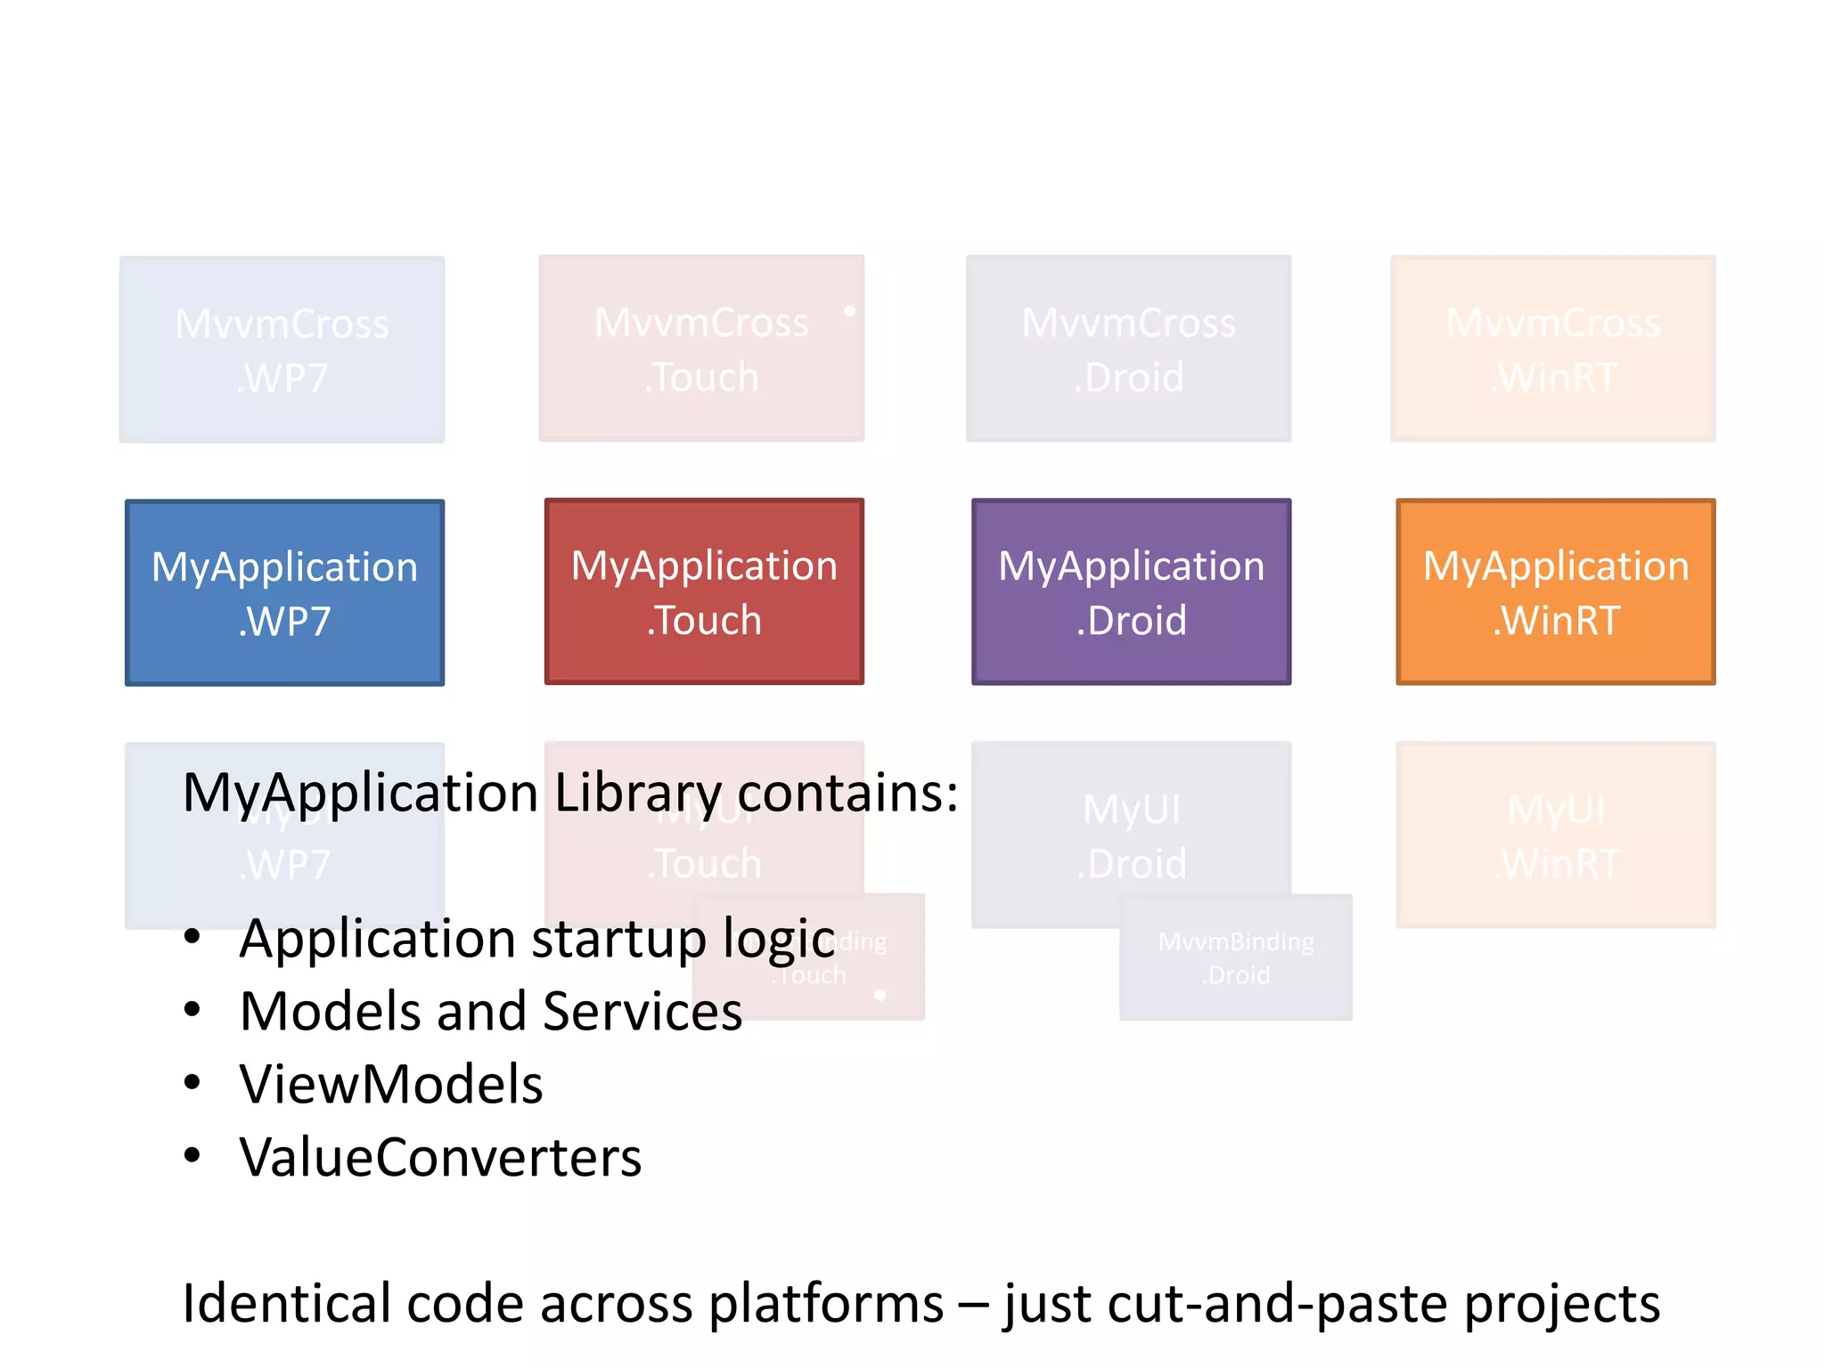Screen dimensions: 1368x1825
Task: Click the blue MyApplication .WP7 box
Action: point(284,592)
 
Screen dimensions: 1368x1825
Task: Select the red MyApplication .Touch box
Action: point(704,591)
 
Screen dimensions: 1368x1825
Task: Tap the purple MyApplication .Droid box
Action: point(1131,591)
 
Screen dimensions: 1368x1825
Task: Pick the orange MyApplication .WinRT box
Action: point(1555,591)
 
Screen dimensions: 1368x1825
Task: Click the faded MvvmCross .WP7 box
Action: point(282,349)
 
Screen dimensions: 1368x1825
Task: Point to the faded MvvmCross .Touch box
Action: point(701,348)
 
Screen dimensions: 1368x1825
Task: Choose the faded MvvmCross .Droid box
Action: point(1128,348)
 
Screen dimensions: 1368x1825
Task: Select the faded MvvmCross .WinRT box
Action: point(1552,348)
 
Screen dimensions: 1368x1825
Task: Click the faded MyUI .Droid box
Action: point(1131,835)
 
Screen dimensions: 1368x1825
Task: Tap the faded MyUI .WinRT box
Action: point(1555,835)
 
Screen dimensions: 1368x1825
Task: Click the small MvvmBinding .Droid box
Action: point(1235,957)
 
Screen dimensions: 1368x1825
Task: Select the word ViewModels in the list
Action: point(390,1084)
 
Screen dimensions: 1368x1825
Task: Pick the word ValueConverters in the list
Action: point(440,1157)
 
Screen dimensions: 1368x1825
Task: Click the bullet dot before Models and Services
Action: point(192,1010)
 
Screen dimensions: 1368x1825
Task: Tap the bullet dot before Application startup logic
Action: point(192,937)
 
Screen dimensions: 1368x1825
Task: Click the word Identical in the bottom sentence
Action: point(287,1303)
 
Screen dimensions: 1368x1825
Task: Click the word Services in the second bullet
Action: point(642,1012)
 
